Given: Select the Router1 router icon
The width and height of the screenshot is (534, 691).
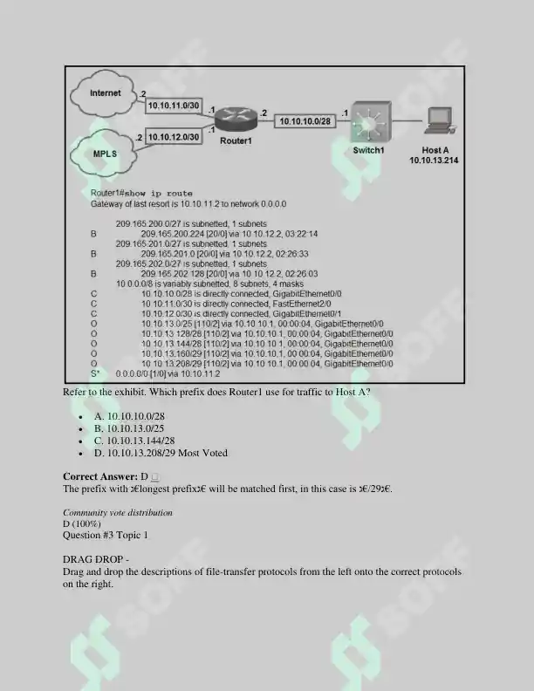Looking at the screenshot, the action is point(236,119).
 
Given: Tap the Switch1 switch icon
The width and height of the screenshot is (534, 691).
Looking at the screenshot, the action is point(371,120).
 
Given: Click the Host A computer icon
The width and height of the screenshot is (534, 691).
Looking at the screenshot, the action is point(439,120).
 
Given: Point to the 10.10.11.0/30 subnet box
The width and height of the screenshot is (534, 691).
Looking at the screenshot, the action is point(174,106).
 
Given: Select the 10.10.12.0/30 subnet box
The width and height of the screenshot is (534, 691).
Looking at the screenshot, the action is point(174,137).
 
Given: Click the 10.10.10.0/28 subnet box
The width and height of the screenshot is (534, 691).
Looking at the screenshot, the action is point(305,121).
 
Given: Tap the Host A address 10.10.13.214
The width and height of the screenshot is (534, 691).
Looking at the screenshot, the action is point(434,161).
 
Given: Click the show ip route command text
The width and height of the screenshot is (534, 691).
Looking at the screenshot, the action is point(159,194).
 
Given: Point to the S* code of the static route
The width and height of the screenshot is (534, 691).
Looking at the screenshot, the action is point(95,373).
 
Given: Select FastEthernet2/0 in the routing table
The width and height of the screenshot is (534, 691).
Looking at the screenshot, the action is point(302,304).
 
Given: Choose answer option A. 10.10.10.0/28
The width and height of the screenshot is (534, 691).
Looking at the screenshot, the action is point(129,416).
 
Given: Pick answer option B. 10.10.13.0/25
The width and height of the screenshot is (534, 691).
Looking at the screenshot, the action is point(129,428).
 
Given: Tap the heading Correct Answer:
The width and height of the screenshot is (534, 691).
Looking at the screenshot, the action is point(100,477).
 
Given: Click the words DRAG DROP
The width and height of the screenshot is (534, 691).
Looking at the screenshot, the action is point(93,559).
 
